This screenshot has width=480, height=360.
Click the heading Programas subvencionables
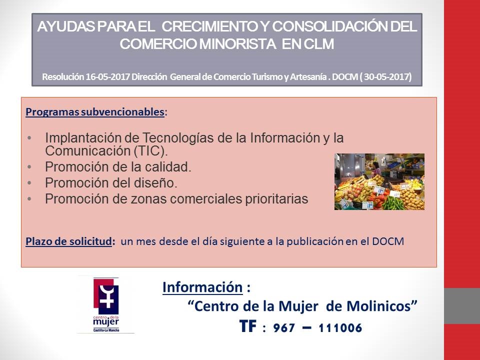pos(95,112)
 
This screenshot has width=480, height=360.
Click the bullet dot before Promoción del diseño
pos(29,183)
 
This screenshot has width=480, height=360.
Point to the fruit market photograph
pos(379,181)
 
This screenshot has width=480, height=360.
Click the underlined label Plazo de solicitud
pos(68,241)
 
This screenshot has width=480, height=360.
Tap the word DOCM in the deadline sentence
pos(388,241)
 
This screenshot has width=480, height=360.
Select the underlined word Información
pos(202,287)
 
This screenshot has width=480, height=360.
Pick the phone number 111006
pos(340,328)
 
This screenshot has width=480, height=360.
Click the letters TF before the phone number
pos(247,326)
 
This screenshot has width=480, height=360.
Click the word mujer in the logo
pos(105,322)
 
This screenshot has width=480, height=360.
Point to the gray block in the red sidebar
pos(462,306)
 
